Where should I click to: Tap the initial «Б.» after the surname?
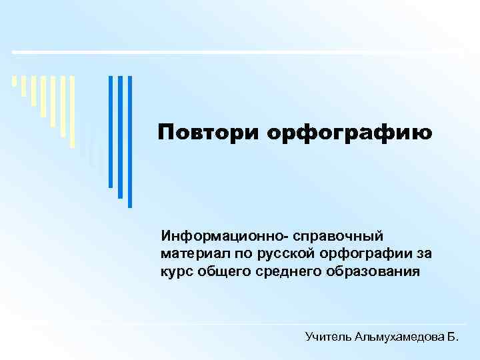click(451, 338)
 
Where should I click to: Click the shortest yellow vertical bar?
click(15, 82)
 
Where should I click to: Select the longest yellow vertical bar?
click(73, 110)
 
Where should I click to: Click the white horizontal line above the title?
click(240, 52)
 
